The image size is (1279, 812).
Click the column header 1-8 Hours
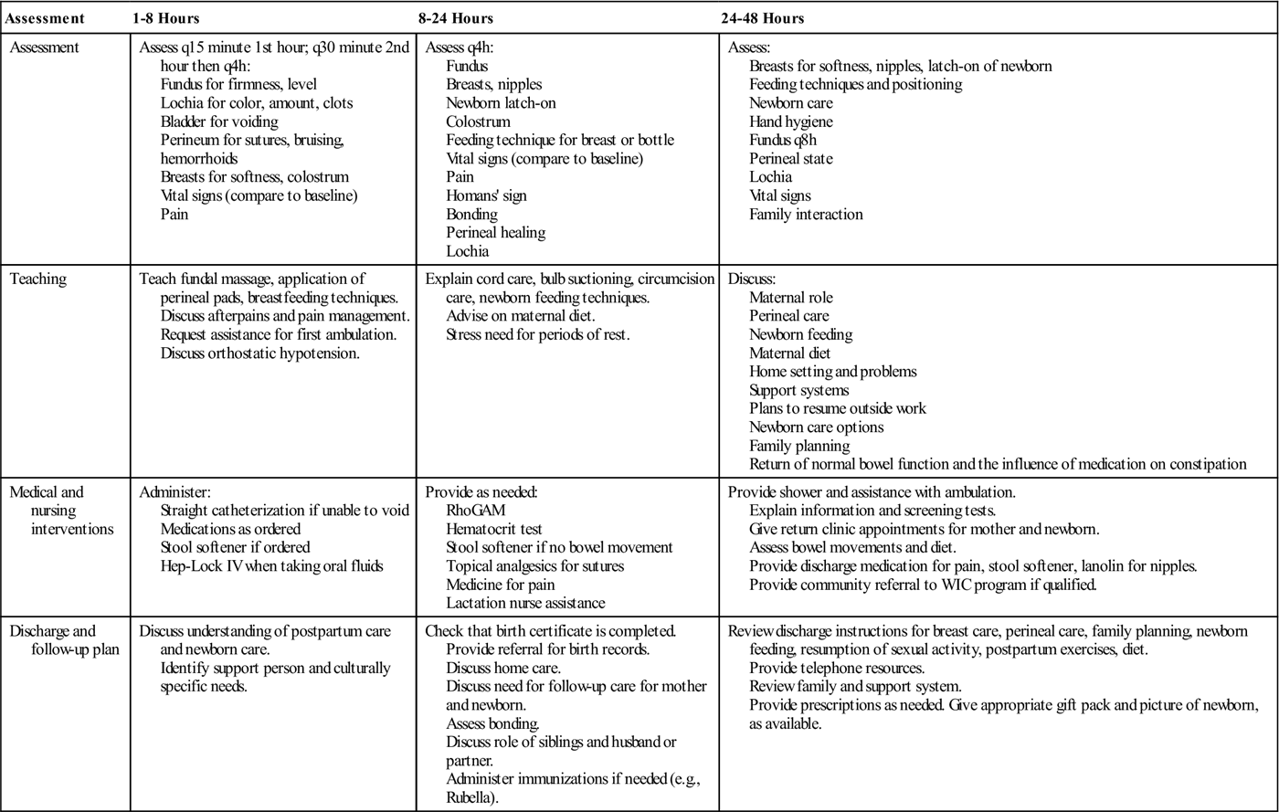pos(165,18)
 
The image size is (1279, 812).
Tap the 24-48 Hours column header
pos(762,18)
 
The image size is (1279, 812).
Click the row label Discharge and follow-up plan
pos(53,640)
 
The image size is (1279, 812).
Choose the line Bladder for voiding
pos(219,121)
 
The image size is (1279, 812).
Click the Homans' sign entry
pos(486,195)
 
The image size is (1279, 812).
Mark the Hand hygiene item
pos(791,121)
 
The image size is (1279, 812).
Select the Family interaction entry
pos(806,215)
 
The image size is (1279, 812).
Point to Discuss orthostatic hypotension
pos(260,353)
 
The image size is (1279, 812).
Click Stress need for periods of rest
pos(537,334)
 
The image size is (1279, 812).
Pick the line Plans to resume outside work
pos(838,408)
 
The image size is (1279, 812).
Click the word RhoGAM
pos(475,511)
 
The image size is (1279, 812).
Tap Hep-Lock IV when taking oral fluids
pos(271,566)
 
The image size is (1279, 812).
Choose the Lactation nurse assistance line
pos(525,603)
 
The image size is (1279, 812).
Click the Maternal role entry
pos(791,298)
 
